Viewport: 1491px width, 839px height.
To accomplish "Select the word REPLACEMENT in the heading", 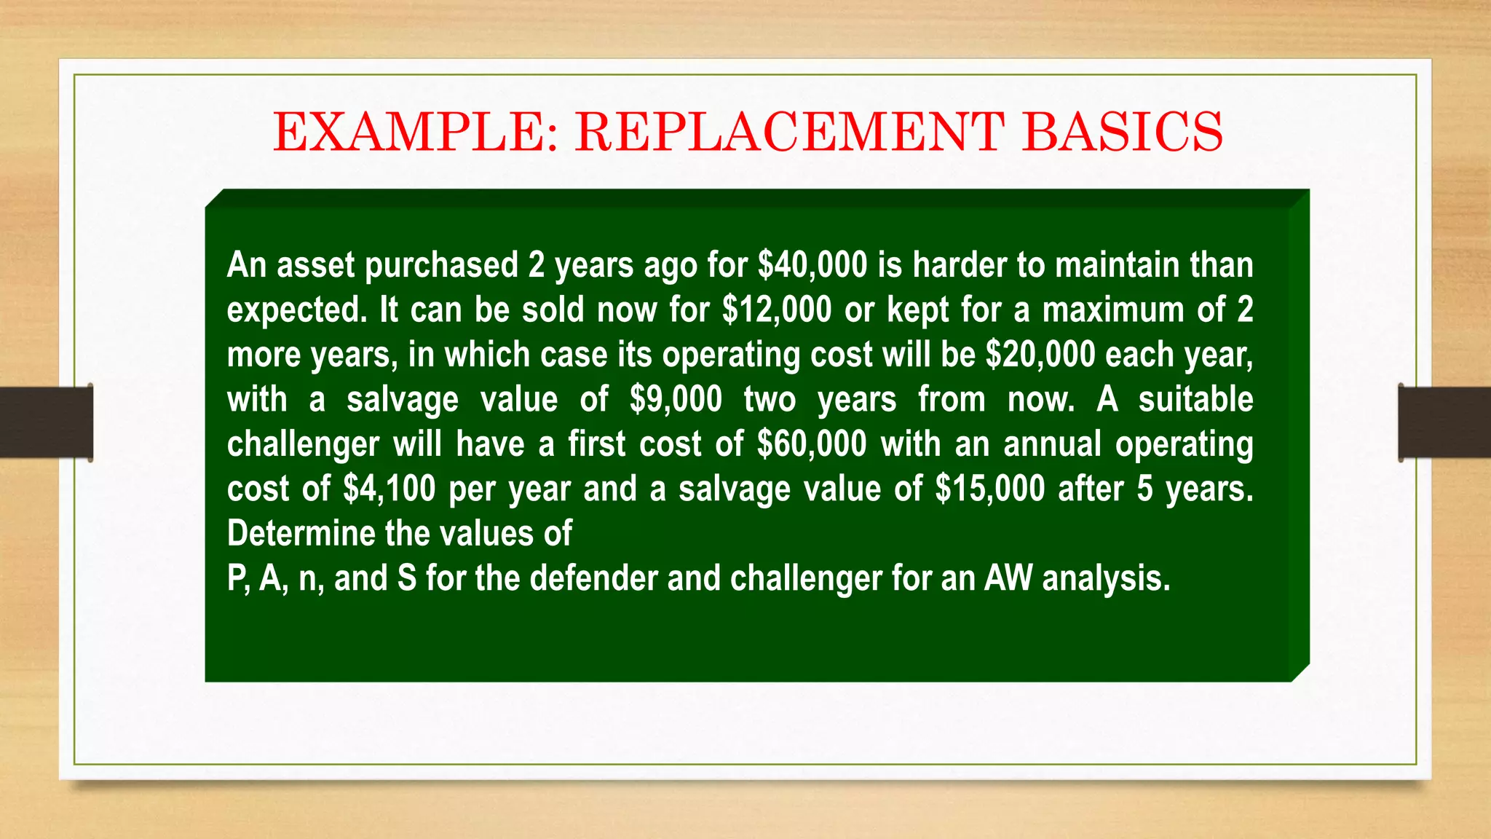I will point(789,133).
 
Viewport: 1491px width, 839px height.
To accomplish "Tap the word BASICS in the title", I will point(1122,133).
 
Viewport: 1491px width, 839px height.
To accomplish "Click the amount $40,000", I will point(812,265).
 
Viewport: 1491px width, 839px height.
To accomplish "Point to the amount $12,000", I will point(777,310).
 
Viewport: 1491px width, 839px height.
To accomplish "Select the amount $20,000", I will point(1040,355).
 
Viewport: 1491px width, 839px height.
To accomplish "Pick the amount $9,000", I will point(676,400).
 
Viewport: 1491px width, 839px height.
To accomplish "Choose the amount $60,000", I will point(812,444).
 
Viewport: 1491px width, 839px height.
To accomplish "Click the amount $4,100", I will point(389,489).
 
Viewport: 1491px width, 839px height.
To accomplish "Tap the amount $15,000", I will point(990,489).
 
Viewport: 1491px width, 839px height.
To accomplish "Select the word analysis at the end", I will point(1106,580).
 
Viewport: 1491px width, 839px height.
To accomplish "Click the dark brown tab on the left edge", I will point(46,422).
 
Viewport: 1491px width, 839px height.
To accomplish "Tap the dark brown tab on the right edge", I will point(1444,422).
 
